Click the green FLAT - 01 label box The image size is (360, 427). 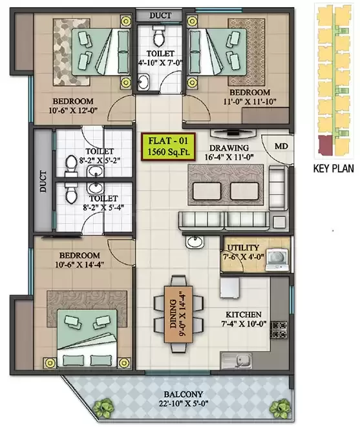(165, 144)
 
